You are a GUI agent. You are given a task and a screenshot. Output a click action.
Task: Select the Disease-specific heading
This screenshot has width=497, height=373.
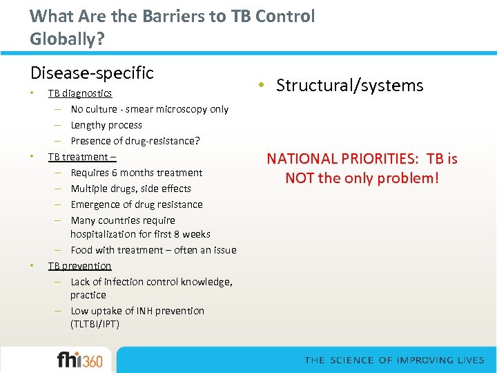pyautogui.click(x=92, y=73)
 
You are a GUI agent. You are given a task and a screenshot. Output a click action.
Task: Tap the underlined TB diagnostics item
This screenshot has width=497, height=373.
pyautogui.click(x=79, y=93)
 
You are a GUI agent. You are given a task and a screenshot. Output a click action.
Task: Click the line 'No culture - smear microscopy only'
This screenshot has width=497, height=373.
pyautogui.click(x=149, y=109)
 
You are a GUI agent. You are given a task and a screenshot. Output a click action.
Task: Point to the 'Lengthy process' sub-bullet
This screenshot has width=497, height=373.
pyautogui.click(x=106, y=125)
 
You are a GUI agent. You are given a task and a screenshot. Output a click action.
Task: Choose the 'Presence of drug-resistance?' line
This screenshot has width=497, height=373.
pyautogui.click(x=135, y=141)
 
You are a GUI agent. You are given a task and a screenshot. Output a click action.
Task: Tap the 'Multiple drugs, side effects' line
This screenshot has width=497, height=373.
pyautogui.click(x=130, y=189)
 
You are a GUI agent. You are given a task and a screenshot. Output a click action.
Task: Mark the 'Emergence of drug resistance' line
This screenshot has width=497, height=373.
pyautogui.click(x=137, y=204)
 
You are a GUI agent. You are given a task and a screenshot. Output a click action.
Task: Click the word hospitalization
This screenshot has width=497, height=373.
pyautogui.click(x=106, y=234)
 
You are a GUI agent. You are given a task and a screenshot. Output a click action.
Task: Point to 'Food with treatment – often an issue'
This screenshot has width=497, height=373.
pyautogui.click(x=153, y=250)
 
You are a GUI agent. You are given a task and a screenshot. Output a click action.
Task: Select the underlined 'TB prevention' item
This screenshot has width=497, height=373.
pyautogui.click(x=79, y=266)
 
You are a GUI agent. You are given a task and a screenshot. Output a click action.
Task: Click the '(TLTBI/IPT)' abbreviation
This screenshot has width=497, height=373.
pyautogui.click(x=95, y=324)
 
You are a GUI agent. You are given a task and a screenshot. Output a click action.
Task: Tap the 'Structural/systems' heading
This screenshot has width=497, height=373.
pyautogui.click(x=349, y=86)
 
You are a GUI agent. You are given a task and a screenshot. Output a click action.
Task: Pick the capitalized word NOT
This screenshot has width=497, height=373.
pyautogui.click(x=300, y=178)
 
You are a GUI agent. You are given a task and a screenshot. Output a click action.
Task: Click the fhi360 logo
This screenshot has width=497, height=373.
pyautogui.click(x=79, y=360)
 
